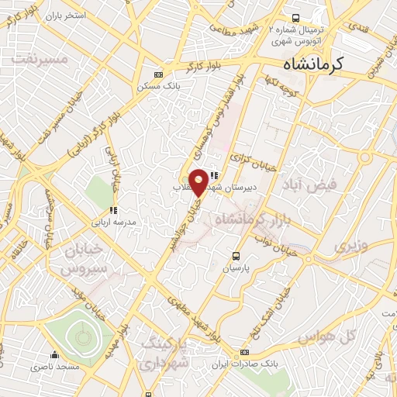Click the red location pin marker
tap(199, 182)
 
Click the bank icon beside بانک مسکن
tap(158, 74)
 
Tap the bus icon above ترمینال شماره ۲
tap(295, 17)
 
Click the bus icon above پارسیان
tap(236, 255)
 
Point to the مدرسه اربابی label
tap(114, 222)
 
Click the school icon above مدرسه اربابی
tap(113, 210)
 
